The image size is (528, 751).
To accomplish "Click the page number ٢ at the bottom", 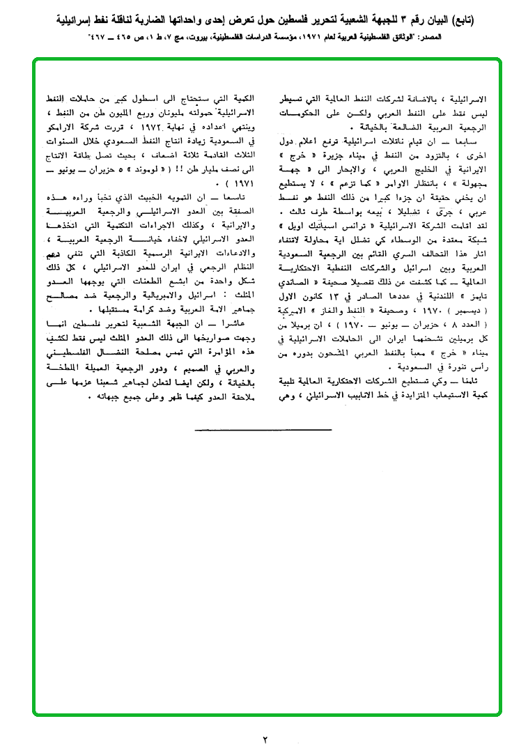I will tap(265, 738).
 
